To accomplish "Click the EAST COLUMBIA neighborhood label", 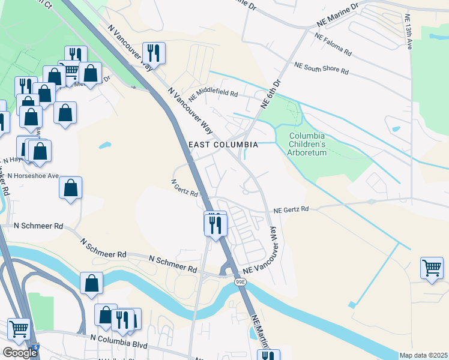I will point(223,145).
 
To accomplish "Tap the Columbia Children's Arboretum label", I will point(307,145).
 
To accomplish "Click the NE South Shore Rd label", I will point(321,67).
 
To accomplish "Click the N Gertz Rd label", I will point(184,188).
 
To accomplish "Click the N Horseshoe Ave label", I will point(33,176).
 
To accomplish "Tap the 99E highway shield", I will point(240,281).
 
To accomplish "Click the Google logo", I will point(20,353).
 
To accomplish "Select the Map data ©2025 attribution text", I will point(424,355).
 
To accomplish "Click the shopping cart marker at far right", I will point(432,268).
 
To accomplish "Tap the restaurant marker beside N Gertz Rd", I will point(215,224).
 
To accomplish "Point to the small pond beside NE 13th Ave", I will point(396,128).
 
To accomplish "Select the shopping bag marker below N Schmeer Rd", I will point(91,283).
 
